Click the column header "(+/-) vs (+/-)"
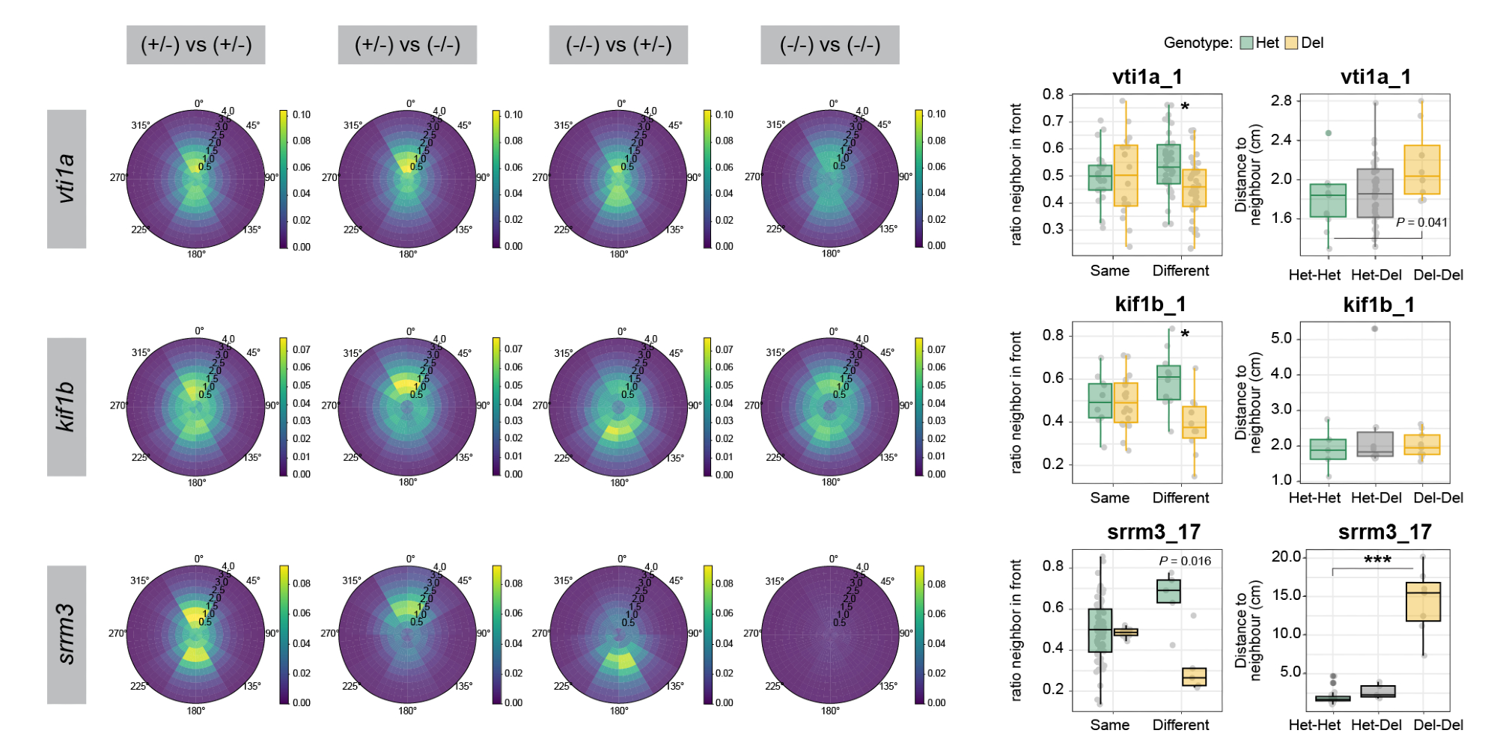tap(196, 45)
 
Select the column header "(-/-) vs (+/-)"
tap(618, 45)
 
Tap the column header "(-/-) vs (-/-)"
tap(830, 45)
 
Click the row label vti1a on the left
tap(67, 179)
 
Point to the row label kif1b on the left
tap(67, 406)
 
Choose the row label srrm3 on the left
tap(67, 634)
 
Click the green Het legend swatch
tap(1246, 43)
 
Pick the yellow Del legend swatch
tap(1291, 43)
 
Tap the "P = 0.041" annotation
tap(1421, 222)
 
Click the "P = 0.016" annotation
tap(1185, 561)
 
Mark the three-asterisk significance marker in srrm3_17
tap(1377, 560)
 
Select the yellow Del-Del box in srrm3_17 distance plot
tap(1423, 601)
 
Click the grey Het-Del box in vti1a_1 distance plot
tap(1375, 193)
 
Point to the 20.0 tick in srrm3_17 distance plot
tap(1286, 557)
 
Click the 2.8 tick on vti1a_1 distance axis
tap(1281, 101)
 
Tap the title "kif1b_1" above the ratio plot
tap(1150, 304)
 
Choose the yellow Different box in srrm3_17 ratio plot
tap(1194, 677)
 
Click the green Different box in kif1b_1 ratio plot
tap(1168, 382)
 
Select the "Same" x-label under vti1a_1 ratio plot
tap(1109, 271)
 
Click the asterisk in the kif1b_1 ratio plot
tap(1185, 334)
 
